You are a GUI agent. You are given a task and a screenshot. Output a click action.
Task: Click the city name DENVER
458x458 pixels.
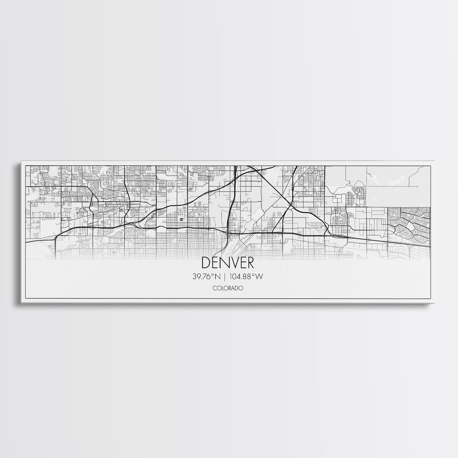pyautogui.click(x=228, y=263)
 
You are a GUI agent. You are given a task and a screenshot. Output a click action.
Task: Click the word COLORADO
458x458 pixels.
pyautogui.click(x=227, y=288)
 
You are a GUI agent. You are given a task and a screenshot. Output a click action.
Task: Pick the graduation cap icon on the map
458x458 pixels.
pyautogui.click(x=181, y=220)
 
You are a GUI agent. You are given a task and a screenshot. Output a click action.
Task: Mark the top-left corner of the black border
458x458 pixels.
pyautogui.click(x=25, y=165)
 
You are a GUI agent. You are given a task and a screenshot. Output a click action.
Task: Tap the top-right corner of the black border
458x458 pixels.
pyautogui.click(x=430, y=165)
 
